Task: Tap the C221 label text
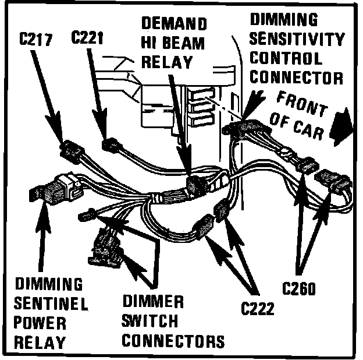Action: pos(89,38)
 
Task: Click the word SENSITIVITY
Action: pos(297,40)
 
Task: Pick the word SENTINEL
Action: pos(51,303)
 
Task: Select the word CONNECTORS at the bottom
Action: pos(173,340)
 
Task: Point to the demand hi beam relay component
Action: pos(194,185)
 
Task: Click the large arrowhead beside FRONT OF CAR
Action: pos(341,126)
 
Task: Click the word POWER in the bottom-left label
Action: pos(40,322)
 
